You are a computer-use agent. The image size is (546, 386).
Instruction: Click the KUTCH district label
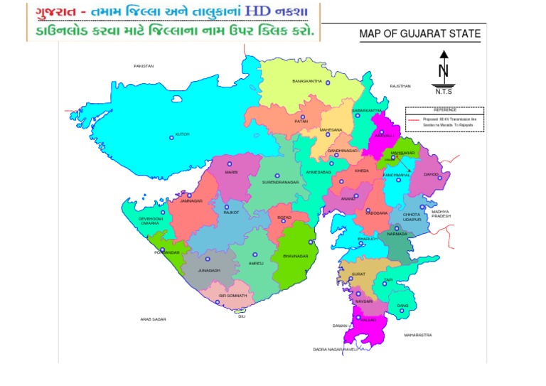point(183,134)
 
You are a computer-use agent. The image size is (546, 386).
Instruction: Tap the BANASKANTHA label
point(307,82)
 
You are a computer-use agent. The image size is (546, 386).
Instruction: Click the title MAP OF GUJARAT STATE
point(419,33)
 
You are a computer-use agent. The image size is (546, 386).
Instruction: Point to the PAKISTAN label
point(144,66)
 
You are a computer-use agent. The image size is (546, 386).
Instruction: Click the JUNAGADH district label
point(209,270)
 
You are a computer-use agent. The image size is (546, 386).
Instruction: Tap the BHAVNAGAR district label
point(295,255)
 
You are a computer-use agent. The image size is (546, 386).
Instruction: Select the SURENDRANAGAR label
point(279,183)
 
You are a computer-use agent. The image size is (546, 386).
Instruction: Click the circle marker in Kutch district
point(171,136)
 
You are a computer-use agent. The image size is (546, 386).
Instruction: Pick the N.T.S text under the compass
point(444,92)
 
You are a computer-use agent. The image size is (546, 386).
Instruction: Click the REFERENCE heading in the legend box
point(445,110)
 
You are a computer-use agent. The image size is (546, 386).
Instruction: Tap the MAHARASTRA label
point(418,334)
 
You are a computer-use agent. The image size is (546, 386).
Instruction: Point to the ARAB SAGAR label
point(153,319)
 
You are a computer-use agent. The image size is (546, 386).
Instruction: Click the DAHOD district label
point(432,173)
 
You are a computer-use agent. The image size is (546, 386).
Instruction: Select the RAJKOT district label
point(231,212)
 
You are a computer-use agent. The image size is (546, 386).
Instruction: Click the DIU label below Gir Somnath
point(242,316)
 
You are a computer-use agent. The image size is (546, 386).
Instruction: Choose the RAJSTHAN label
point(400,86)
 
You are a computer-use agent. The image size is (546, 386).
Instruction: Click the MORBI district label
point(231,173)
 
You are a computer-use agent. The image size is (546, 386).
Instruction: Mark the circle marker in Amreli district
point(255,252)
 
